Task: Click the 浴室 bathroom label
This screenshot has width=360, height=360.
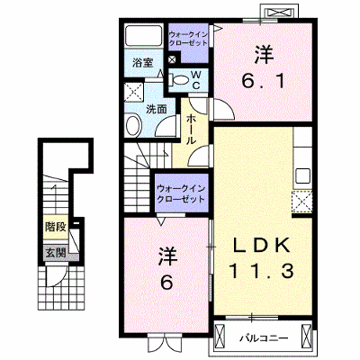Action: [143, 63]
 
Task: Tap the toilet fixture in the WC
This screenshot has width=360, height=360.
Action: [179, 80]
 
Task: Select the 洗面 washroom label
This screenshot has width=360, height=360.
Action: [157, 109]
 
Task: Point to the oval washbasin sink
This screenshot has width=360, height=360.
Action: [133, 126]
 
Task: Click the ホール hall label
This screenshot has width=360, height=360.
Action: [192, 130]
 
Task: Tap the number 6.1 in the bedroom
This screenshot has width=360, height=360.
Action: [264, 80]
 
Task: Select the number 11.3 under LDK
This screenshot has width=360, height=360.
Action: [261, 272]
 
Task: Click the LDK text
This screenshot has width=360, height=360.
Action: [261, 246]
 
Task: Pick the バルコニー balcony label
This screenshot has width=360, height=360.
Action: [264, 338]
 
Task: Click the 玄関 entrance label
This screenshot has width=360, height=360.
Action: [56, 253]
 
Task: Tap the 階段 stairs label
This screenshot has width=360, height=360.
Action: [56, 227]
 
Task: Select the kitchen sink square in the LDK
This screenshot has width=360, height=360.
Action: [303, 175]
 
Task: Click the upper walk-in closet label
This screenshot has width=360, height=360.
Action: [188, 39]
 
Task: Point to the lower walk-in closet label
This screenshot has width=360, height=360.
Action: [181, 193]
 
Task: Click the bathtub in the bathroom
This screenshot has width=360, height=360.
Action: [144, 36]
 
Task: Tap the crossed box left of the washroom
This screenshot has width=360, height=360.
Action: [134, 92]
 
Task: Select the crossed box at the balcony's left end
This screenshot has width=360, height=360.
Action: [220, 336]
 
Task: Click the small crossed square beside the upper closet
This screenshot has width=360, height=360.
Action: [173, 58]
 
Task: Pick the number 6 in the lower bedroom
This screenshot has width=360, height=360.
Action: [166, 282]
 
